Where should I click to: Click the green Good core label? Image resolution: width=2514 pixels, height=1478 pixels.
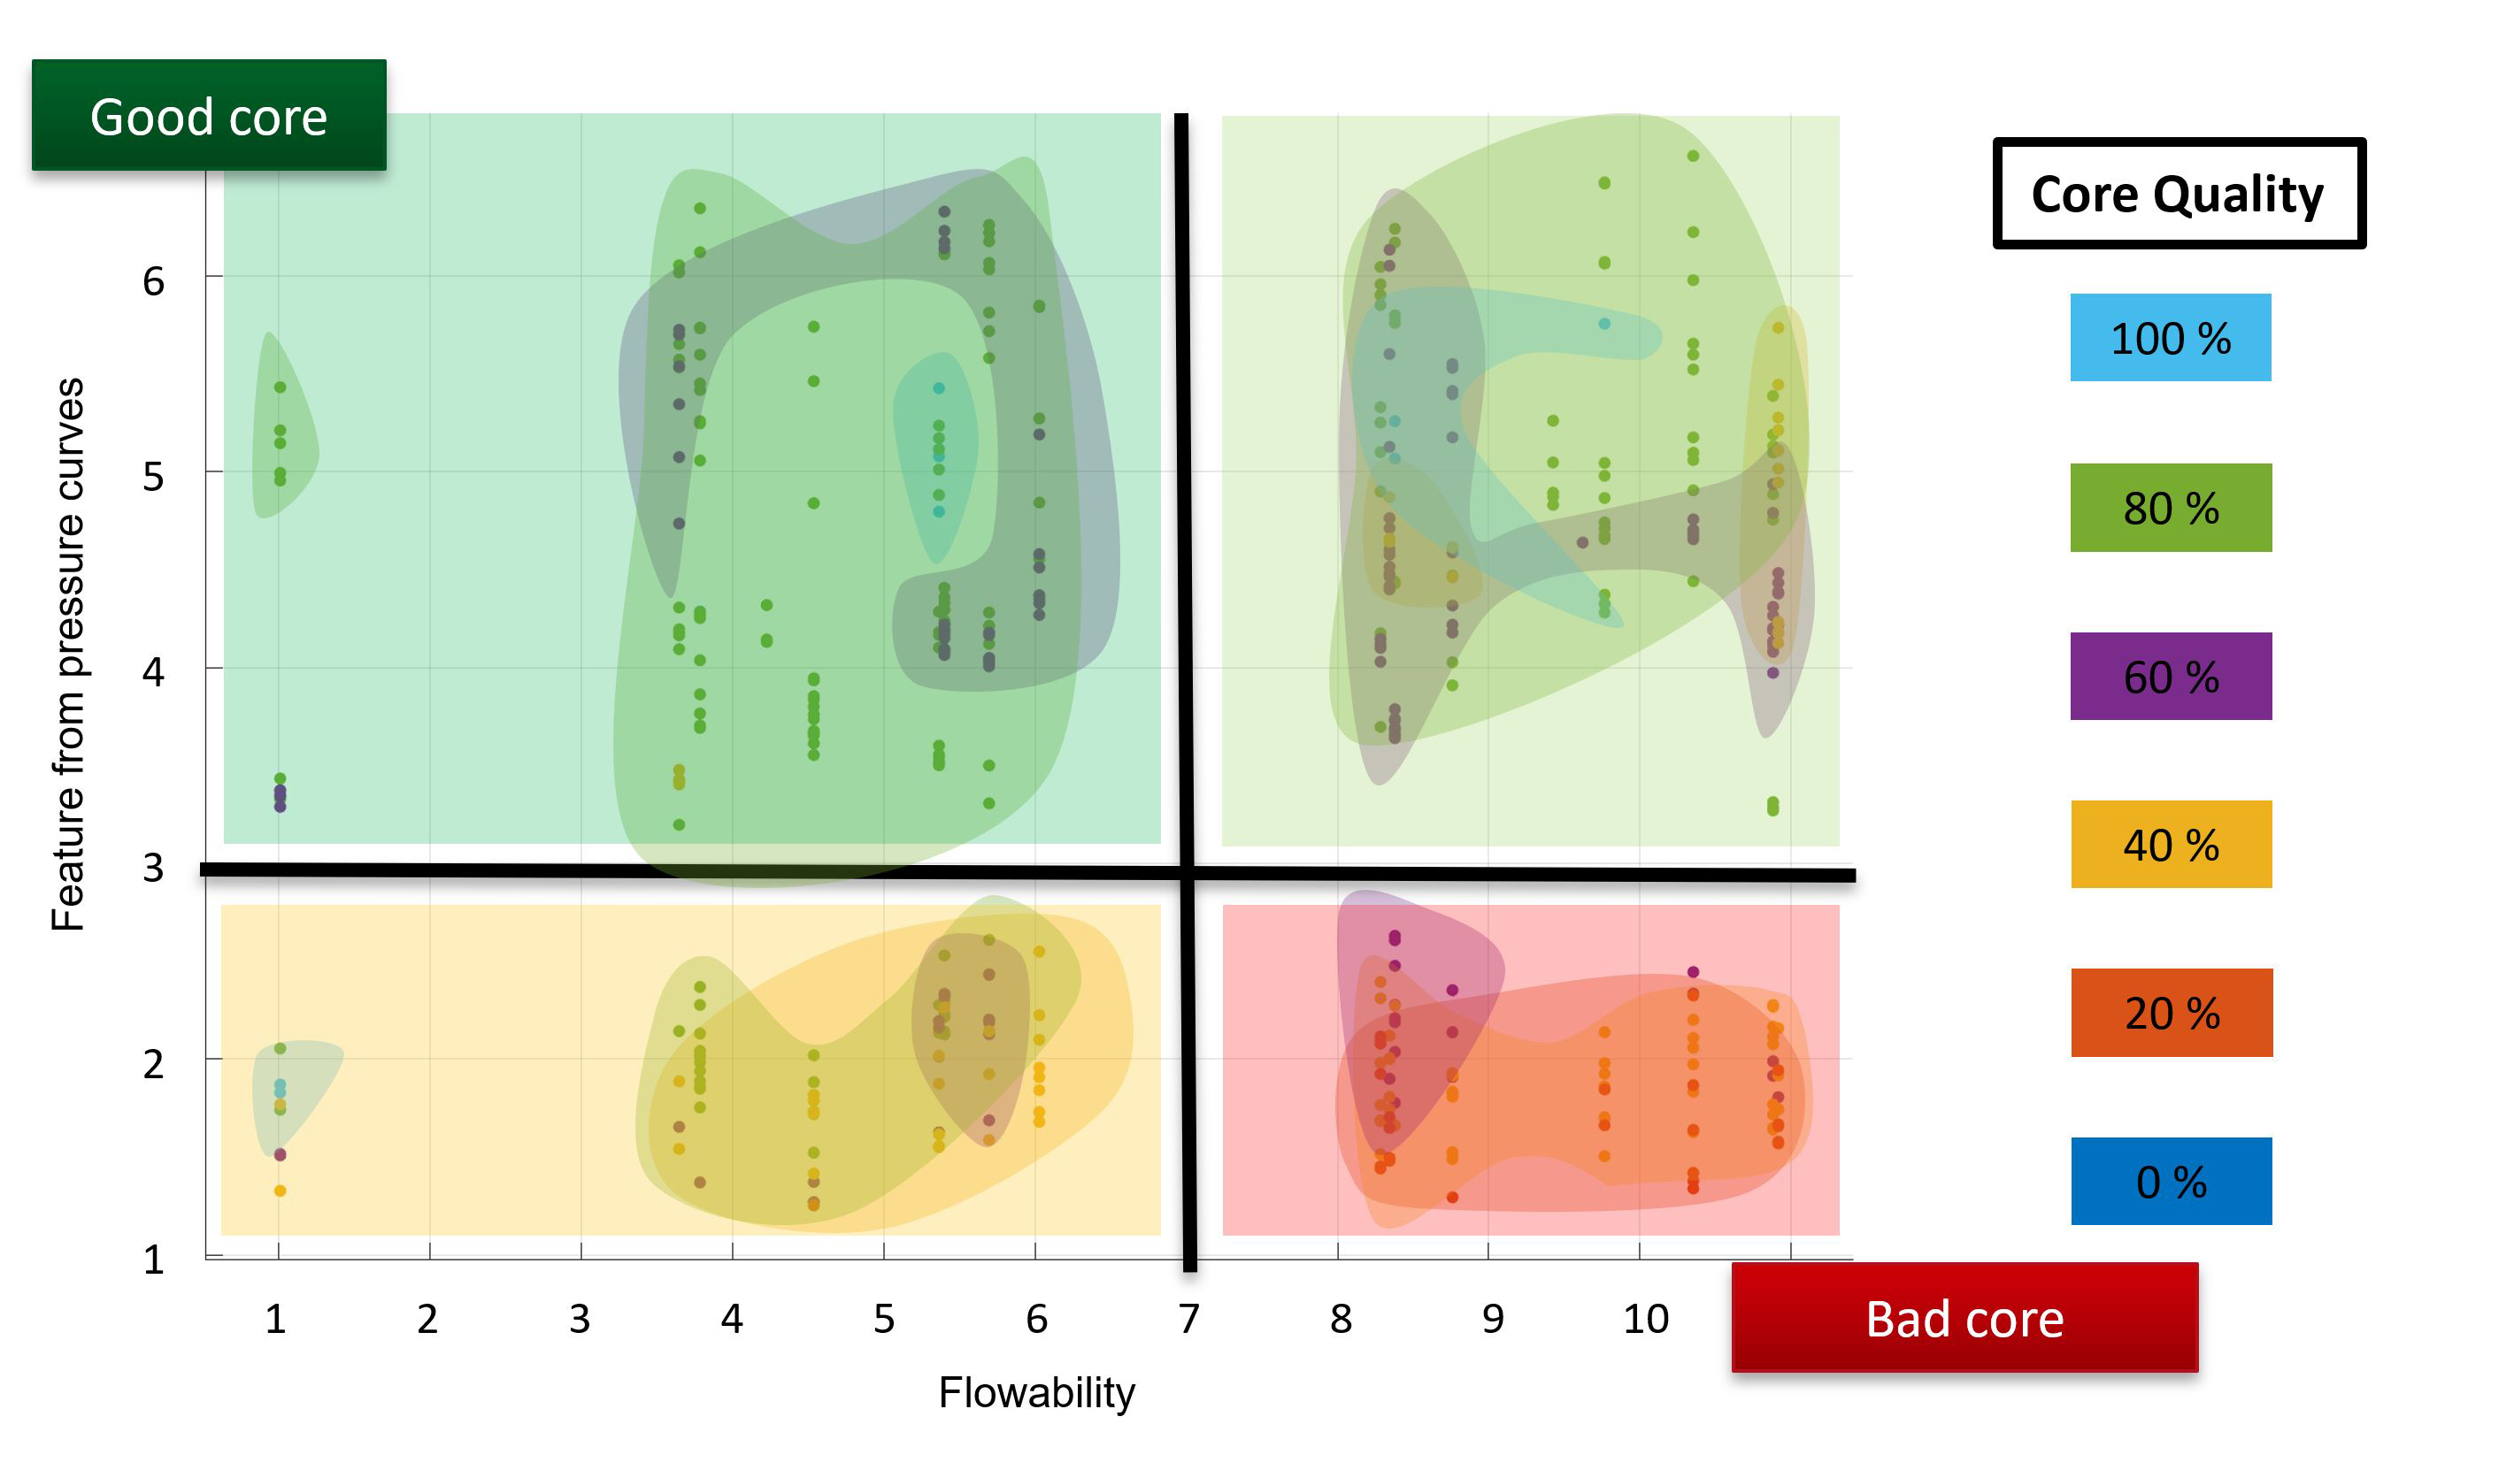pos(209,116)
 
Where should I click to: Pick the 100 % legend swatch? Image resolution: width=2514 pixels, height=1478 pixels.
pos(2170,338)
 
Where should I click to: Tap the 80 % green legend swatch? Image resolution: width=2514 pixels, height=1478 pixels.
pos(2170,508)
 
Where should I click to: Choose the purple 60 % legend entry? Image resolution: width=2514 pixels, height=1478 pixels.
pos(2170,676)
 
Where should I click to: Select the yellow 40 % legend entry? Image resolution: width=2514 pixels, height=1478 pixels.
pos(2170,845)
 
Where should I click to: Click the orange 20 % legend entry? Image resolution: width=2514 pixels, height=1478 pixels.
pos(2171,1012)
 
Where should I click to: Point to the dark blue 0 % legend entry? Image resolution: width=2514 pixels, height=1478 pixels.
pos(2171,1181)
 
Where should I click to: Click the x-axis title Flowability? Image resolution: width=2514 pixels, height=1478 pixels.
pos(1035,1392)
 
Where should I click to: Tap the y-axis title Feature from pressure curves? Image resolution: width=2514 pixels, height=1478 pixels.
pos(68,655)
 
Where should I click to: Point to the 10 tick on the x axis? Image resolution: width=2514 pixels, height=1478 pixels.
pos(1645,1319)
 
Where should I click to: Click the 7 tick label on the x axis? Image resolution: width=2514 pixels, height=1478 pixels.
pos(1188,1319)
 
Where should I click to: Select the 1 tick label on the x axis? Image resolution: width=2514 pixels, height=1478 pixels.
pos(275,1319)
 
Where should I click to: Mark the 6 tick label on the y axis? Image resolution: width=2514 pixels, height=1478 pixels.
pos(152,281)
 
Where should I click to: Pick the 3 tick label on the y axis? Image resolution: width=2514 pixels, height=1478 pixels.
pos(152,868)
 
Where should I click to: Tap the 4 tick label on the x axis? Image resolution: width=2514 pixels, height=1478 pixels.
pos(731,1319)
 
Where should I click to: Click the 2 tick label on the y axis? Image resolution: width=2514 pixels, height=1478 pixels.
pos(152,1064)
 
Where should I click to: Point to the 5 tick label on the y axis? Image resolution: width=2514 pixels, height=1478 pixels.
pos(152,477)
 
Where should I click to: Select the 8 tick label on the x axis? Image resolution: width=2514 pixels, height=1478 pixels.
pos(1341,1319)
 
